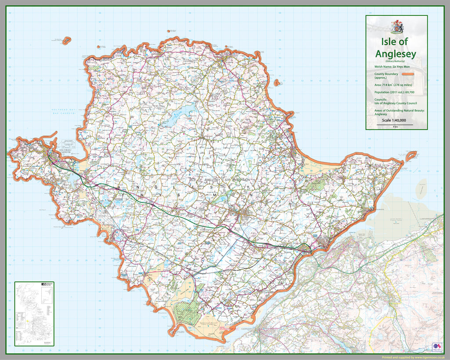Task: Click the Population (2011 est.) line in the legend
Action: coord(394,92)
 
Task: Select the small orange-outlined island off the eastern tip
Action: coord(410,155)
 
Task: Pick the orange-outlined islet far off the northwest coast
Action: coord(66,40)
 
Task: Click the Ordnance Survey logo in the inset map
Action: coord(43,285)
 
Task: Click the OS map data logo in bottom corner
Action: coord(437,346)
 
